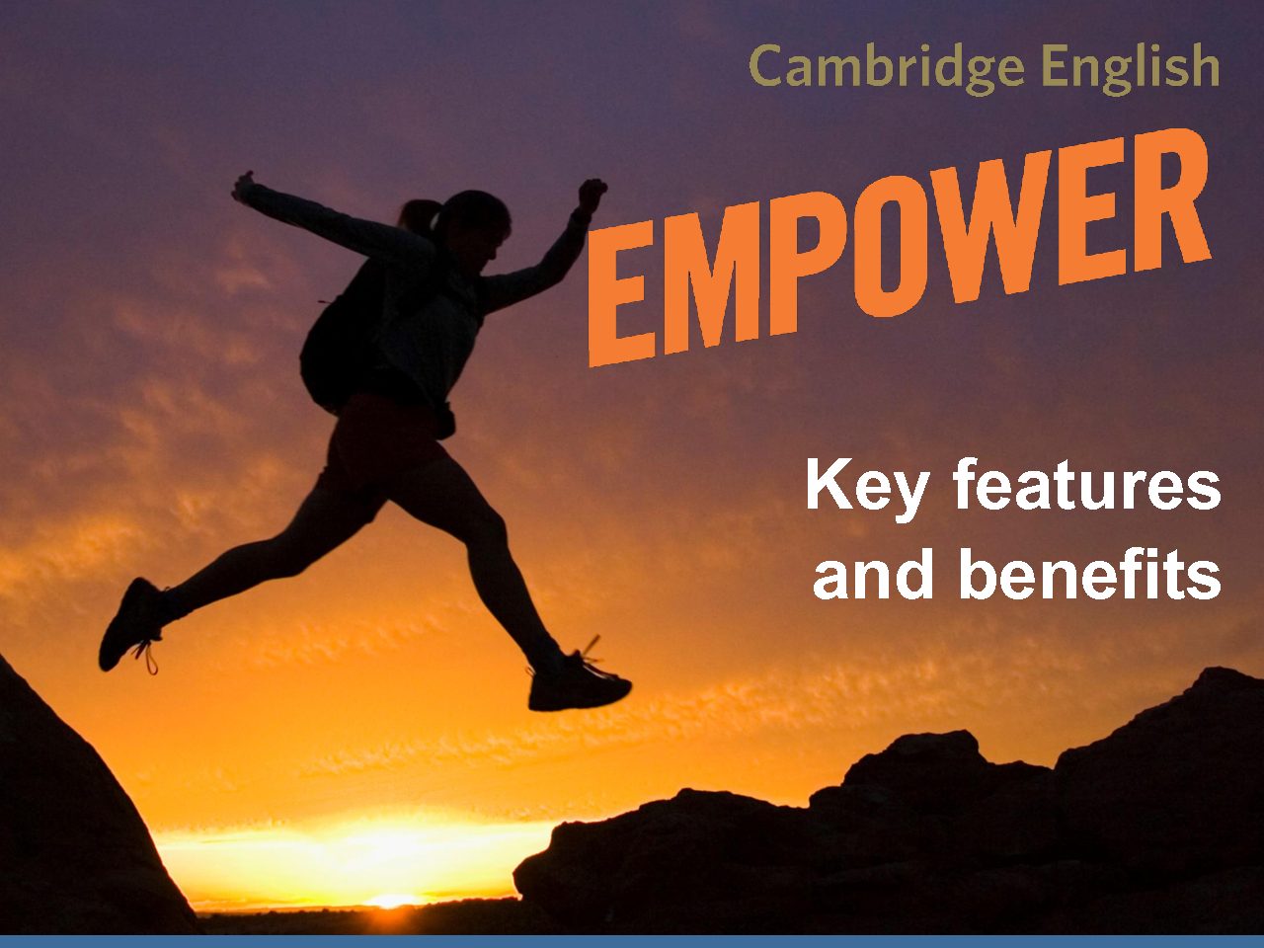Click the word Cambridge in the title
click(887, 68)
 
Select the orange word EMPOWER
click(899, 248)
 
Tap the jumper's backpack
click(340, 340)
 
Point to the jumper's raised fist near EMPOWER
click(592, 193)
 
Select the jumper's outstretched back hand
click(244, 187)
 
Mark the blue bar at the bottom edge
click(632, 942)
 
